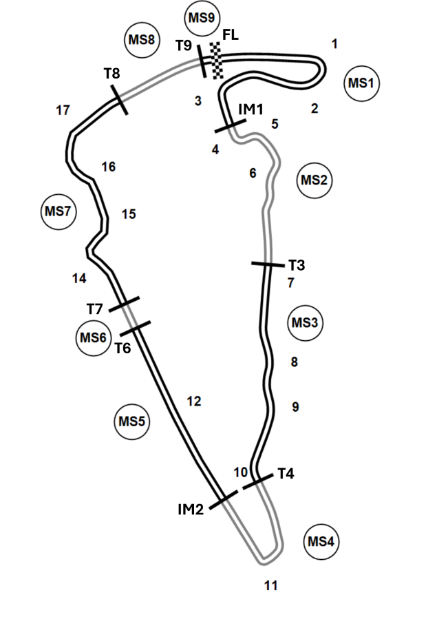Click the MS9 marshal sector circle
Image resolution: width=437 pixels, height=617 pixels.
pos(202,18)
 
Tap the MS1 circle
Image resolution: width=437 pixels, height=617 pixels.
pos(361,83)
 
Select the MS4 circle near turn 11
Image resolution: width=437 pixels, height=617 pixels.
pos(321,542)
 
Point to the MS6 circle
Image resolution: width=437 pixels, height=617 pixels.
pos(93,337)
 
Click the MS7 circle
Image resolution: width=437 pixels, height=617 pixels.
pos(58,211)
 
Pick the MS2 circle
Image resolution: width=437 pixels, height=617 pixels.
pos(315,180)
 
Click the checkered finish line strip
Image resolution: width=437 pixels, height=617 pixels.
pos(216,61)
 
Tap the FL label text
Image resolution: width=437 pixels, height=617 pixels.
pos(231,35)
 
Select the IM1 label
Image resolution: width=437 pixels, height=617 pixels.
pos(251,109)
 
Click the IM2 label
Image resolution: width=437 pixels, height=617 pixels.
pos(191,510)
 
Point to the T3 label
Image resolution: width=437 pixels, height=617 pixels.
pos(297,265)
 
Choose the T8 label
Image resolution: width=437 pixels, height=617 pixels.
pos(112,73)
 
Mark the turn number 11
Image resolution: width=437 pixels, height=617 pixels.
pos(271,586)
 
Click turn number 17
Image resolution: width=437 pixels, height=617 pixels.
pos(63,111)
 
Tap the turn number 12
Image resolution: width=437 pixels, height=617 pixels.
pos(194,401)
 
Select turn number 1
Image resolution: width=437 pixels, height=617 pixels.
pos(334,43)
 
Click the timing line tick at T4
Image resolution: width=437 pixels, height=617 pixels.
pos(257,481)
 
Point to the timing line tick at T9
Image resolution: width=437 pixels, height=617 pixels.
pos(202,61)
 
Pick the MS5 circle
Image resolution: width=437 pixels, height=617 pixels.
pos(132,421)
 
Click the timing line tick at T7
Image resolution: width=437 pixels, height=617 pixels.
pos(124,304)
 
